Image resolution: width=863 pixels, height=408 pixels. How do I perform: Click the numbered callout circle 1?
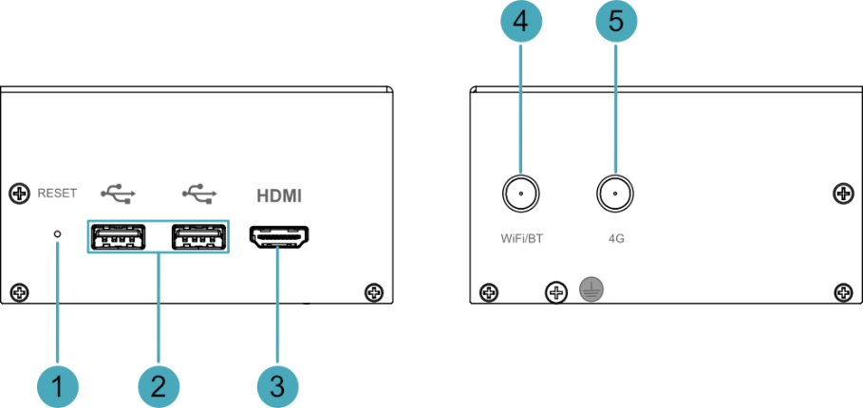57,387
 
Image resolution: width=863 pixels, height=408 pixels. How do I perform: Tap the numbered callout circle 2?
159,387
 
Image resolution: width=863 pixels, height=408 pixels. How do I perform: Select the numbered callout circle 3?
278,387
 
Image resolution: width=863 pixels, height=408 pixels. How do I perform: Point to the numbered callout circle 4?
520,21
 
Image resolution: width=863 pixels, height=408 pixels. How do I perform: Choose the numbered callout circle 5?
616,21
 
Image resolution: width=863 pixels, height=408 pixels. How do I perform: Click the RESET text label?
57,194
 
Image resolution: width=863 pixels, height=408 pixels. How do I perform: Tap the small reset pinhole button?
57,234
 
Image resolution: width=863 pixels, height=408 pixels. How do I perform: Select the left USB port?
119,236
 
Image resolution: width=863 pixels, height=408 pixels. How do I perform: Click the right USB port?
198,236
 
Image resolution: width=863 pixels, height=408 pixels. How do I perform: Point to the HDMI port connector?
279,236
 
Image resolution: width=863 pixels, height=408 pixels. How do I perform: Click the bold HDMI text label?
279,195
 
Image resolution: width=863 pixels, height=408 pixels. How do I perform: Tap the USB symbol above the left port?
118,193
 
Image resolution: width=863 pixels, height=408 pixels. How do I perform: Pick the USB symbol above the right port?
199,193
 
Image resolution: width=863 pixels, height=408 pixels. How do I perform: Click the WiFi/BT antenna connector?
520,194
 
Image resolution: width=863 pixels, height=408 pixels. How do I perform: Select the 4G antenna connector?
615,194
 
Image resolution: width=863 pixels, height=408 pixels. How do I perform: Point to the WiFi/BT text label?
520,240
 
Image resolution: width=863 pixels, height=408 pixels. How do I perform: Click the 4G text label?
616,240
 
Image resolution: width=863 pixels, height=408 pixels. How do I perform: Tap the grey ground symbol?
591,288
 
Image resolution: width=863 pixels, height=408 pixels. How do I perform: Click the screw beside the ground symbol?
556,291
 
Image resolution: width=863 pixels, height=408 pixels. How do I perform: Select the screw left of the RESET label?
20,193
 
